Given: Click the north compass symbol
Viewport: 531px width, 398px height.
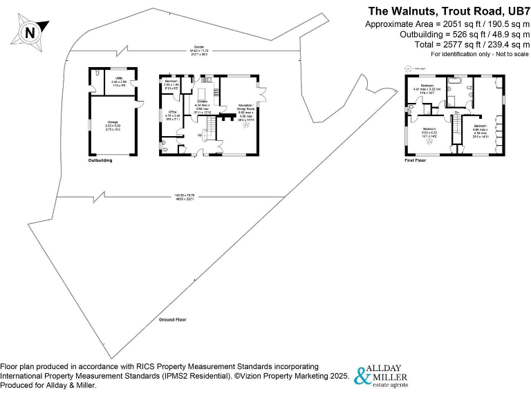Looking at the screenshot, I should tap(29, 32).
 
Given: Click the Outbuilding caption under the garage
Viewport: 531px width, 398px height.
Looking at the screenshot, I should tap(100, 160).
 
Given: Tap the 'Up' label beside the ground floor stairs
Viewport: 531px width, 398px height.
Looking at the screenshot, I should tap(201, 135).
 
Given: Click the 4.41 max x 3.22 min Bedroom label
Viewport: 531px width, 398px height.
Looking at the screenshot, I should tap(427, 88).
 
